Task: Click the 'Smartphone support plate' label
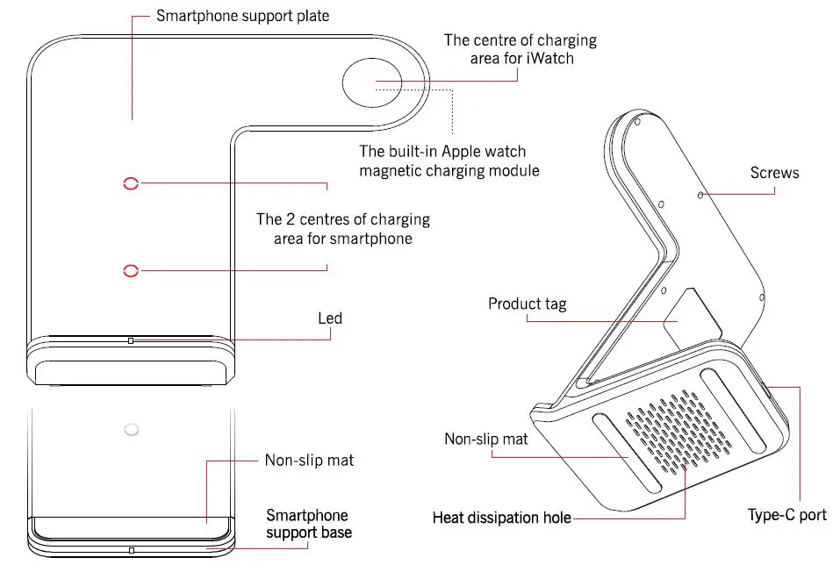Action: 242,16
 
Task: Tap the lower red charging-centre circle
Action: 131,270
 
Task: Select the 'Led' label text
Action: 329,318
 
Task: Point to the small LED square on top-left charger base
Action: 130,340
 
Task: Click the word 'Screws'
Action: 774,173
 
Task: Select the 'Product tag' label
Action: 527,304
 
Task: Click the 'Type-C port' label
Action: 786,515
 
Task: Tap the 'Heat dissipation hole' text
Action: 501,518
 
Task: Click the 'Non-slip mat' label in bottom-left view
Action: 309,460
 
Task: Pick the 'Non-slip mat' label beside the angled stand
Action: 486,439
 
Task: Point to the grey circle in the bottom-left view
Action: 131,429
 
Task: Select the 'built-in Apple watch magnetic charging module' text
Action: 449,160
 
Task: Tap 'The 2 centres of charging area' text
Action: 342,228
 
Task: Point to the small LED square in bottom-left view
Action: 130,551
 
